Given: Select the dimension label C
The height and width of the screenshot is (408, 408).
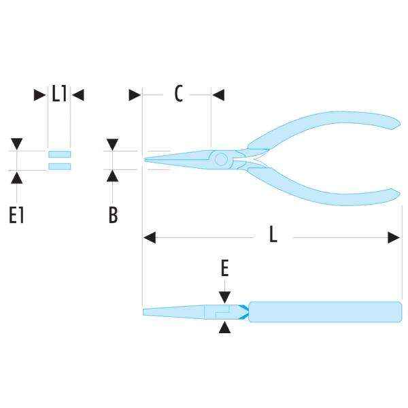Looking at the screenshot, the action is [x=178, y=95].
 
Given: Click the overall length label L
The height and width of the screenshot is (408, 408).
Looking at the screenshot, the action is [x=273, y=235].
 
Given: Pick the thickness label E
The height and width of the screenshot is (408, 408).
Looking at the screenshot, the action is [x=225, y=270].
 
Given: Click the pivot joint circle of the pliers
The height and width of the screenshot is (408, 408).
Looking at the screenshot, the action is [x=220, y=160].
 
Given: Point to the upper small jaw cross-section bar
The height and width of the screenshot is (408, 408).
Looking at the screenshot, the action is [x=60, y=153].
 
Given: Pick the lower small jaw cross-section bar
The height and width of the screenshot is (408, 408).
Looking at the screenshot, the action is [x=60, y=166].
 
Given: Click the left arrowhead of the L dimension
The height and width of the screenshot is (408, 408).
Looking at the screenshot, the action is [x=150, y=237].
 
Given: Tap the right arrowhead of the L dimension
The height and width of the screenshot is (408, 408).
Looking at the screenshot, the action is [x=394, y=237].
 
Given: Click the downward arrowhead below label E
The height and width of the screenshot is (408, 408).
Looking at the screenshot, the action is [x=225, y=296].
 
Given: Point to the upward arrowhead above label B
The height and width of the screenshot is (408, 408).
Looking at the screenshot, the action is [x=114, y=176].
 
